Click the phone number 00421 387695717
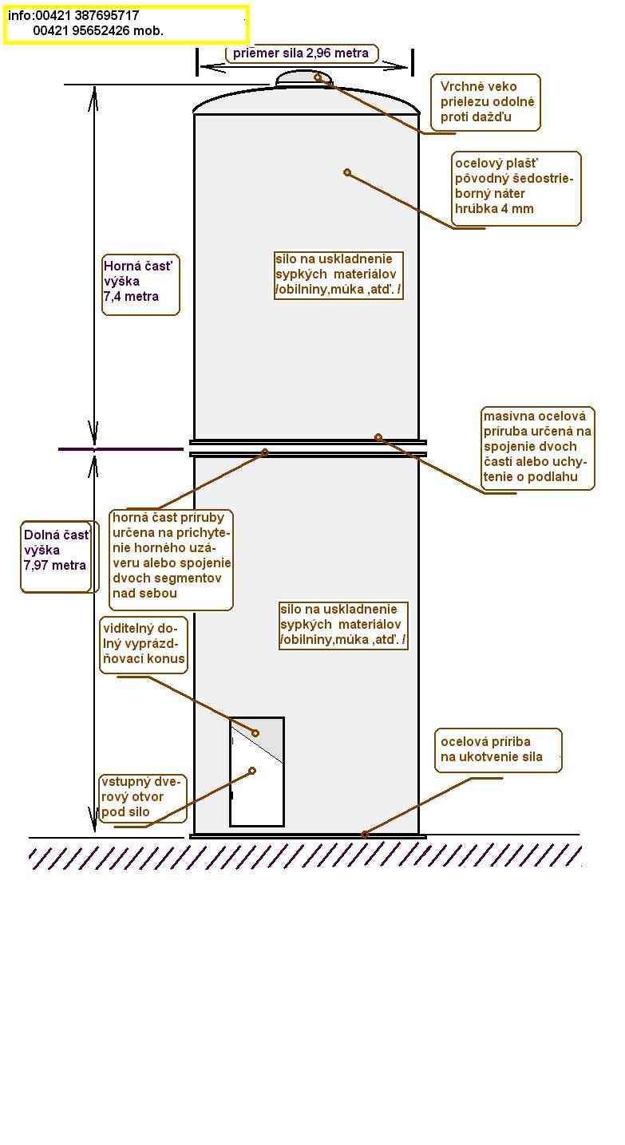coord(88,15)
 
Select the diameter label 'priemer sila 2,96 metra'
coord(301,53)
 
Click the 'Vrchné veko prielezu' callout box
coord(485,102)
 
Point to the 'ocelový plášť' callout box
coord(516,188)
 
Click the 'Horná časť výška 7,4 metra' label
coord(140,285)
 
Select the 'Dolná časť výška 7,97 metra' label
coord(56,557)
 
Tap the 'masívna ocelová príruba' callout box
coord(537,448)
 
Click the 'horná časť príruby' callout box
coord(172,559)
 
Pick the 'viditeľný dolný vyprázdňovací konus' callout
coord(144,645)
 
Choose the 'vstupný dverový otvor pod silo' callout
coord(143,799)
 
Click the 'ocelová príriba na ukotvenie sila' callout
coord(498,750)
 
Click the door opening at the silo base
coord(257,772)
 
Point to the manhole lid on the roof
coord(304,79)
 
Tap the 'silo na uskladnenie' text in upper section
coord(338,274)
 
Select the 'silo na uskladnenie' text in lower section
coord(343,625)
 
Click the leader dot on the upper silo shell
coord(347,173)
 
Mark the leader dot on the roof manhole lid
coord(318,77)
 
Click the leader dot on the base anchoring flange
coord(365,835)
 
